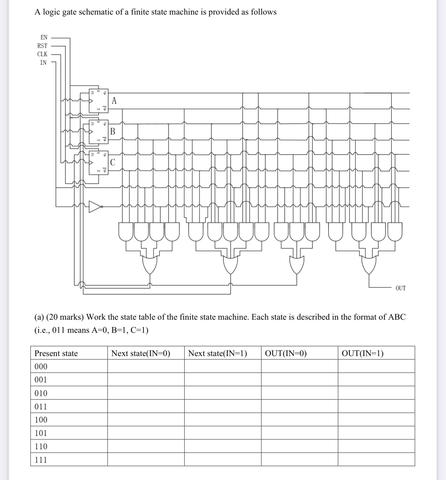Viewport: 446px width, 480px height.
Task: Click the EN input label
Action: tap(44, 37)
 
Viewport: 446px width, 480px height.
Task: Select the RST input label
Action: tap(42, 46)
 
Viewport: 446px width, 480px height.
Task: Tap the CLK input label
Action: tap(42, 54)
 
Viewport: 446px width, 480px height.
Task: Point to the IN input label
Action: tap(43, 63)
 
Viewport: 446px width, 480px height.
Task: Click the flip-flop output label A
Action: tap(114, 101)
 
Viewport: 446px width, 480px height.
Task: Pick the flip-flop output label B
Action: tap(113, 132)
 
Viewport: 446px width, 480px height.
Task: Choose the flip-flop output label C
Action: tap(113, 162)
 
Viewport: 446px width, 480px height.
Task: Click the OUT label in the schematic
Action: tap(400, 288)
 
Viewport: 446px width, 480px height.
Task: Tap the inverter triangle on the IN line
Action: tap(95, 206)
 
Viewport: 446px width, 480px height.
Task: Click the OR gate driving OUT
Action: tap(369, 265)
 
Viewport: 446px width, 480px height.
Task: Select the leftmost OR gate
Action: tap(150, 265)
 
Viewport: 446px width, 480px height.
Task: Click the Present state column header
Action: tap(56, 353)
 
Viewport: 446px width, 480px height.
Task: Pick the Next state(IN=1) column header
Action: tap(217, 353)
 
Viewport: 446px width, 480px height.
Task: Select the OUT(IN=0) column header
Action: tap(286, 353)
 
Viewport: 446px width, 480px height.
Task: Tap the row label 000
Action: tap(41, 366)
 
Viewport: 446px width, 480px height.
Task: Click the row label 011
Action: tap(41, 406)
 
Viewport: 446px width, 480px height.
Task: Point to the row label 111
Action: tap(41, 460)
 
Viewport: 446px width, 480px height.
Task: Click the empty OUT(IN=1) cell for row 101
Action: tap(376, 433)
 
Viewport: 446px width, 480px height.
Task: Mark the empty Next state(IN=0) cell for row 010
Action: tap(146, 393)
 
